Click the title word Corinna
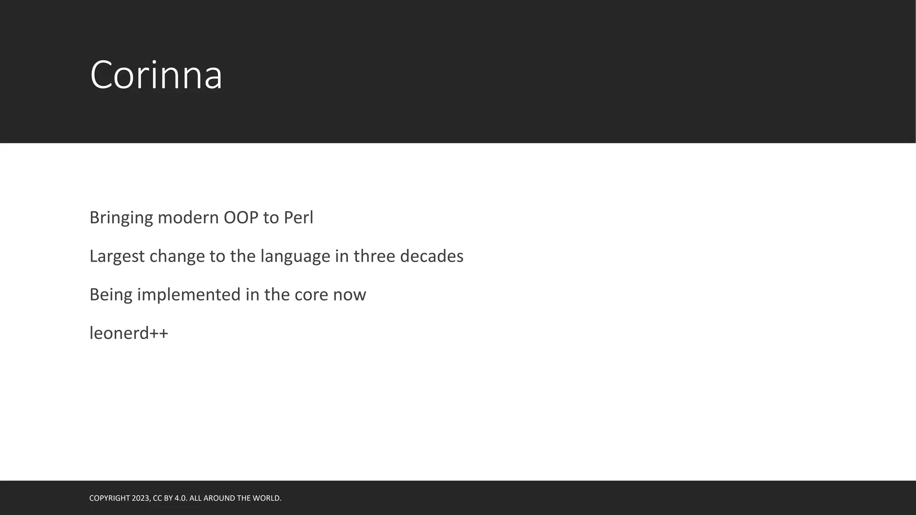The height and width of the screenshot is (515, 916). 156,75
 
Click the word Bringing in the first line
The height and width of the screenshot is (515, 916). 121,218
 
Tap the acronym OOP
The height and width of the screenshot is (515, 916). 241,218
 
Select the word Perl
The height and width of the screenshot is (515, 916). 298,218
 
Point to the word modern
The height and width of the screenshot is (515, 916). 188,218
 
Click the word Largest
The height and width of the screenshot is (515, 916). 117,257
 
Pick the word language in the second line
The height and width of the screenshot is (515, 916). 295,257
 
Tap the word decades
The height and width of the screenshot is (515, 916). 431,256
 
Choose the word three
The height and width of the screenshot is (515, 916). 374,256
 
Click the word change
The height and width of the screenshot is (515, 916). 177,257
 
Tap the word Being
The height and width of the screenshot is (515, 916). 110,295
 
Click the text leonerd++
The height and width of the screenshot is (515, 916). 129,333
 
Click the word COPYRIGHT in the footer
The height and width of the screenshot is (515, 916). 110,498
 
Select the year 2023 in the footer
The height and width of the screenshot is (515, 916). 141,498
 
